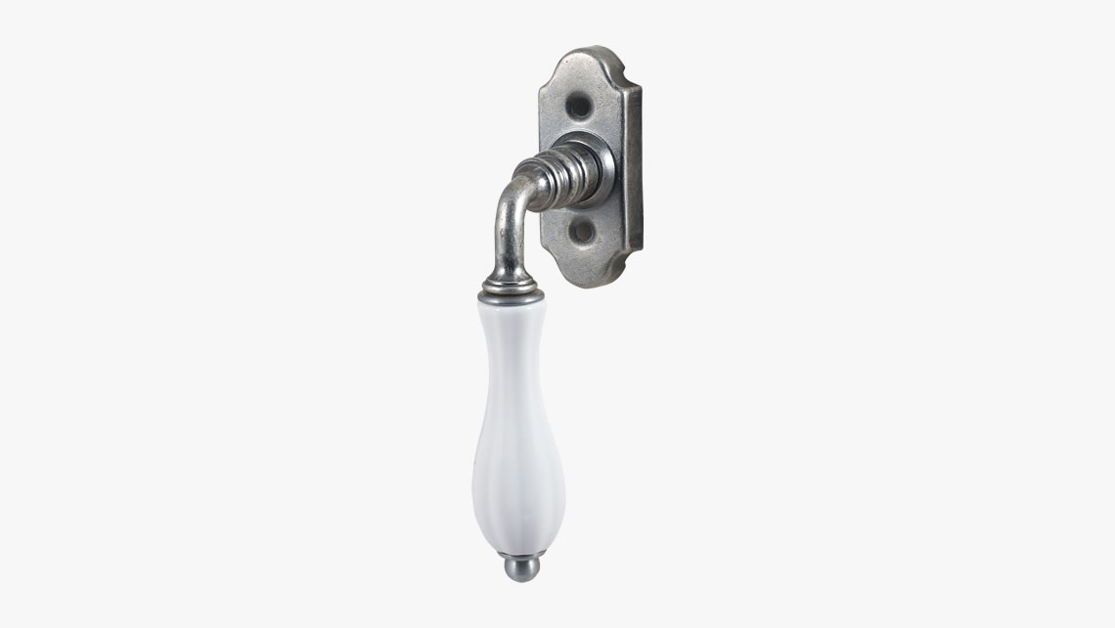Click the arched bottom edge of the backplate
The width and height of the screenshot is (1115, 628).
pyautogui.click(x=593, y=283)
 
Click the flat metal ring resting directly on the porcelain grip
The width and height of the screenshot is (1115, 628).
pyautogui.click(x=508, y=295)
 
